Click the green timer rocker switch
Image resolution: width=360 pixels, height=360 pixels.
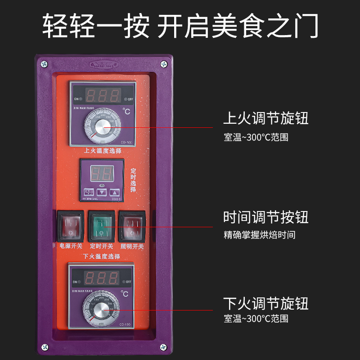pyautogui.click(x=101, y=226)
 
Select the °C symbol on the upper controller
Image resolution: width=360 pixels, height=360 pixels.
pyautogui.click(x=126, y=111)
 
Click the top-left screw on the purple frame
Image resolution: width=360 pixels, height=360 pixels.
pyautogui.click(x=45, y=64)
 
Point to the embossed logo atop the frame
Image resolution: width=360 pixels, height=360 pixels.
pyautogui.click(x=103, y=64)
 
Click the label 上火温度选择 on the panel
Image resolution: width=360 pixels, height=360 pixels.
pyautogui.click(x=103, y=151)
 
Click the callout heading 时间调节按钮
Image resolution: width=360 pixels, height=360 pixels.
pyautogui.click(x=266, y=217)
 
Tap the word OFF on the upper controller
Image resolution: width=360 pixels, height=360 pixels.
pyautogui.click(x=130, y=99)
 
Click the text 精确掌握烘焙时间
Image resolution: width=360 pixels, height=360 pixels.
pyautogui.click(x=260, y=235)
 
